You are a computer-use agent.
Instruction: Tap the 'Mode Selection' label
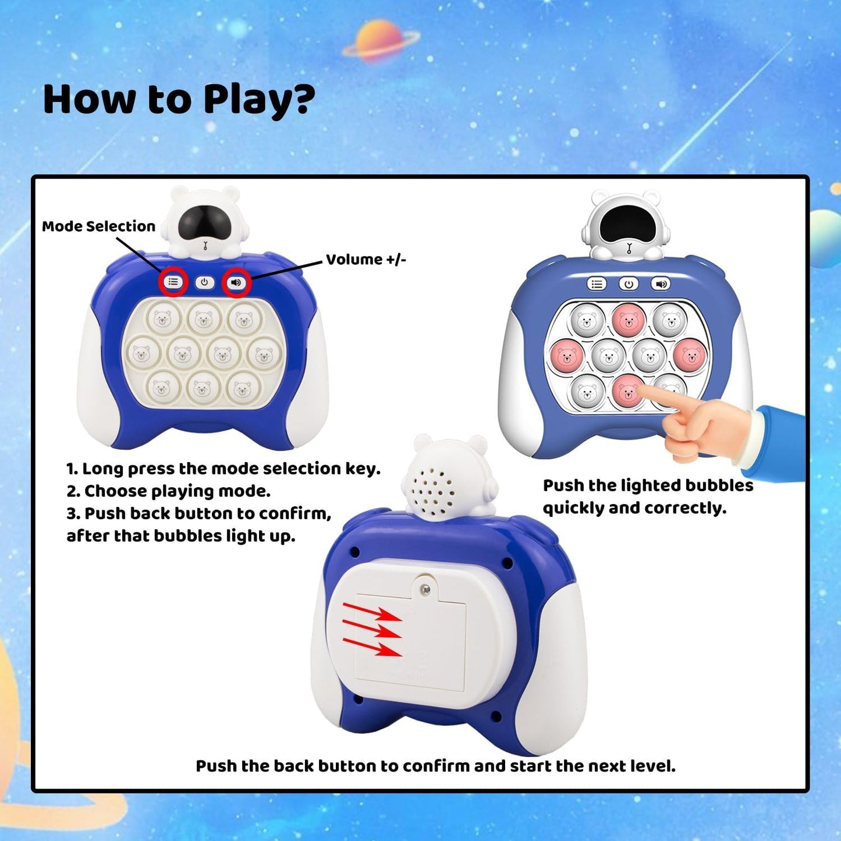click(98, 226)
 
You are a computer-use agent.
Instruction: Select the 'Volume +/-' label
click(366, 260)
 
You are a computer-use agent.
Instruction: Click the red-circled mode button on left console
click(173, 282)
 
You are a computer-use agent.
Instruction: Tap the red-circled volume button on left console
click(236, 282)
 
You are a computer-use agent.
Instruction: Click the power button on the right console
click(628, 284)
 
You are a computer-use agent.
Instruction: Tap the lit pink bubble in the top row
click(629, 320)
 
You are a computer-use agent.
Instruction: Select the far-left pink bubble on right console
click(567, 356)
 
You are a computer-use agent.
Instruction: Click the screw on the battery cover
click(426, 590)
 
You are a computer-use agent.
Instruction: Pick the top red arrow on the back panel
click(372, 612)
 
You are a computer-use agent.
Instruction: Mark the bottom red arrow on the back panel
click(372, 647)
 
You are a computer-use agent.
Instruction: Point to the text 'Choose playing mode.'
click(177, 491)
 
